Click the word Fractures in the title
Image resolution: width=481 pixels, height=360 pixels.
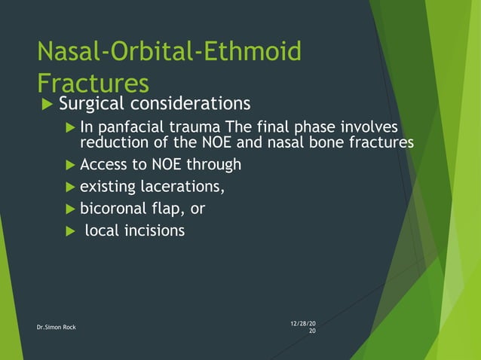(93, 82)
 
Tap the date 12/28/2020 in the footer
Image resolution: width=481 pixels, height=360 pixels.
(302, 327)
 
